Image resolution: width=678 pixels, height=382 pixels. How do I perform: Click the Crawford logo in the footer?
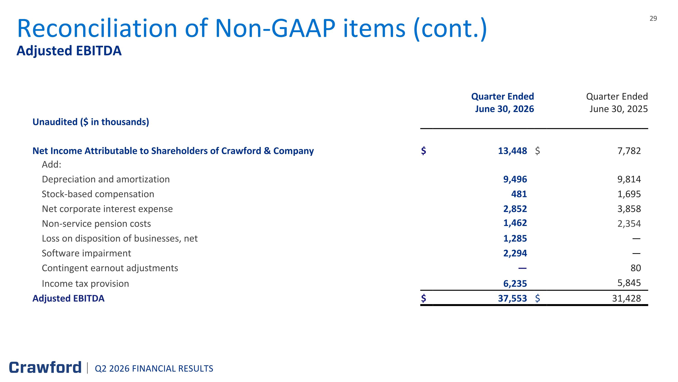[45, 368]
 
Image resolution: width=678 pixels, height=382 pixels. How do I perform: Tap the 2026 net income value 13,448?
[512, 151]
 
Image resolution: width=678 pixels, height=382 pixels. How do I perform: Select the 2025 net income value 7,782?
[629, 151]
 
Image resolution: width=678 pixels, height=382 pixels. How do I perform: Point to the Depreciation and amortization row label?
[106, 179]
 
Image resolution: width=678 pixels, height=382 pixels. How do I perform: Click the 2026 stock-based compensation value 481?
[519, 194]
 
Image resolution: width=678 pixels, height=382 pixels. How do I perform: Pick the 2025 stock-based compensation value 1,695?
[629, 194]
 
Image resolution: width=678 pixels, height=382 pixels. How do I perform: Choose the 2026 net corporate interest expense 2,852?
[515, 209]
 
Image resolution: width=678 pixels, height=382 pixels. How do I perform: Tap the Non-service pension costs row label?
[96, 223]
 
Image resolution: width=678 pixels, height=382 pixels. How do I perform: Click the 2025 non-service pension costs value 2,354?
[629, 223]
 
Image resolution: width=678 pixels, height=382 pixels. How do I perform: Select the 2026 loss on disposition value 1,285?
[515, 238]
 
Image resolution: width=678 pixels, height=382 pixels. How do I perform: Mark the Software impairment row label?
[86, 253]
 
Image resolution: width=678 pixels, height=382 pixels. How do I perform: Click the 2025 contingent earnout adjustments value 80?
[636, 268]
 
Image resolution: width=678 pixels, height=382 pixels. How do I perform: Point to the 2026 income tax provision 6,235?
[515, 284]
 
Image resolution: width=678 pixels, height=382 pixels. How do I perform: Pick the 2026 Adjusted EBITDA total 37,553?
[512, 298]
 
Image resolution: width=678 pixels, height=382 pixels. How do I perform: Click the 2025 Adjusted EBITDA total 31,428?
[626, 298]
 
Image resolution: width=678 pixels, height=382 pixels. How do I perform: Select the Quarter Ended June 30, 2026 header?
[503, 103]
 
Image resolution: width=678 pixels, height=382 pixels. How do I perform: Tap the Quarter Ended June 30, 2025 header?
[617, 103]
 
